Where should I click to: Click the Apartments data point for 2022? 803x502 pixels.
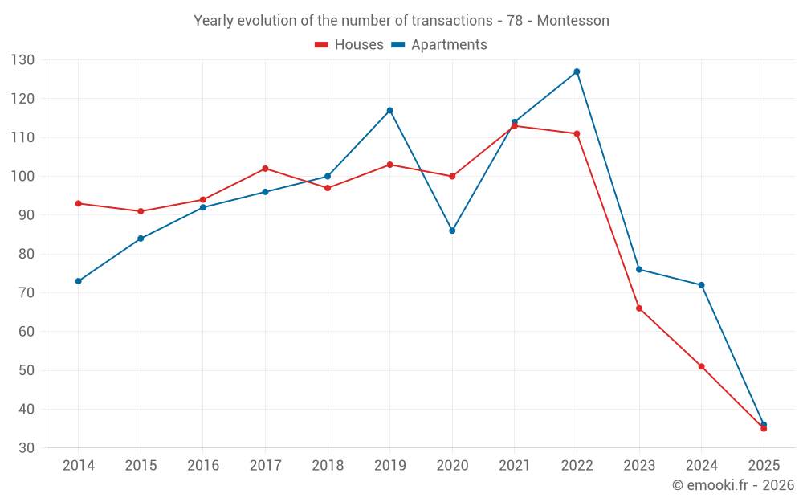577,71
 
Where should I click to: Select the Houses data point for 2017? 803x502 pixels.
265,169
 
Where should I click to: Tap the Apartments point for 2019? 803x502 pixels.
389,110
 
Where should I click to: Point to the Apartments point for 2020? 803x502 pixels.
452,231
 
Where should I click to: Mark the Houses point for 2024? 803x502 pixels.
701,366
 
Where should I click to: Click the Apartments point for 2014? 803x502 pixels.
78,281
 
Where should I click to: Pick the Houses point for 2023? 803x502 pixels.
639,308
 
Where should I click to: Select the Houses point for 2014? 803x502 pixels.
78,203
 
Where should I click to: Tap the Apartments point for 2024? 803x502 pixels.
701,285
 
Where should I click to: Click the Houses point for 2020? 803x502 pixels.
452,177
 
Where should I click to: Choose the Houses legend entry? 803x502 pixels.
349,45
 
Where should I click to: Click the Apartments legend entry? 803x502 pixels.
439,45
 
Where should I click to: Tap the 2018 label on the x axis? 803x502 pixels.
328,466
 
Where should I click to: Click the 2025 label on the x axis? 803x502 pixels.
764,466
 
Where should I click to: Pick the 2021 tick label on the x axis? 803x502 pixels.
515,466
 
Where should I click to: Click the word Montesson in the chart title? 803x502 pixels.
573,21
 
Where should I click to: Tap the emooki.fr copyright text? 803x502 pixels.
733,485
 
